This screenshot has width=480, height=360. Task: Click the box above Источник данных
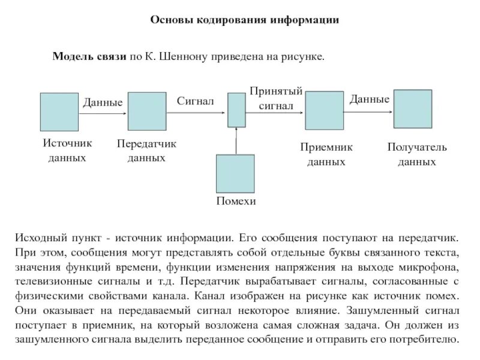click(x=59, y=112)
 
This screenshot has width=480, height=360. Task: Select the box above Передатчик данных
click(x=147, y=112)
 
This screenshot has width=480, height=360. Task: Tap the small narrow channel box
click(x=236, y=110)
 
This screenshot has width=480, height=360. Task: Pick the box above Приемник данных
click(x=324, y=110)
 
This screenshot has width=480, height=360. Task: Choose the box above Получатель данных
click(x=412, y=109)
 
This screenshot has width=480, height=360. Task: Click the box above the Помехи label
click(x=235, y=173)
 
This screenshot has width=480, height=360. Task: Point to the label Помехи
click(x=236, y=202)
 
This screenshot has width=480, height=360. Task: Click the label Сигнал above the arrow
click(x=195, y=101)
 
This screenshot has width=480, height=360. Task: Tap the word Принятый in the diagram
click(x=275, y=91)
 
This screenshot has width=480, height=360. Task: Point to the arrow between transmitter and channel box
click(x=197, y=112)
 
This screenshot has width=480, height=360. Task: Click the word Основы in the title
click(x=170, y=20)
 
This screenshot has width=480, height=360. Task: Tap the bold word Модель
click(x=71, y=57)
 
